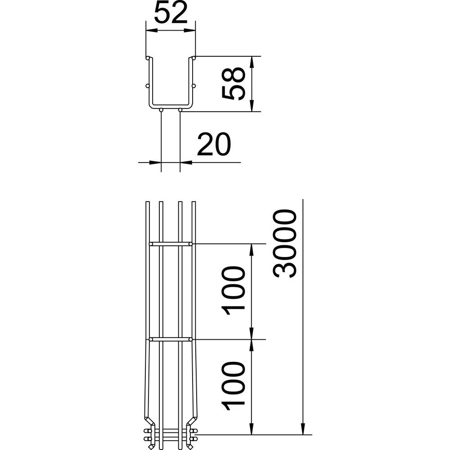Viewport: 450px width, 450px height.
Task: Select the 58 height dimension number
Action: pyautogui.click(x=234, y=83)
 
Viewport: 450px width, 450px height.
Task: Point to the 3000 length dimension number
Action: pyautogui.click(x=286, y=243)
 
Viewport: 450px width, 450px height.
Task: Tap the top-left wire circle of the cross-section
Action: pyautogui.click(x=148, y=58)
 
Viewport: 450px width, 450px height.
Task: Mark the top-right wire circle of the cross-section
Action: pyautogui.click(x=194, y=58)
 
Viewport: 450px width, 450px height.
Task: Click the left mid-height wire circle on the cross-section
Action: pyautogui.click(x=147, y=85)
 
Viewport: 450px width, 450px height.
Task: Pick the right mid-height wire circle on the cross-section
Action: pyautogui.click(x=194, y=85)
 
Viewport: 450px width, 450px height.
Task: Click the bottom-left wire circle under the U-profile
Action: pyautogui.click(x=161, y=109)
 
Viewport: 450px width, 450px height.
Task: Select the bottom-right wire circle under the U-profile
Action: pyautogui.click(x=180, y=109)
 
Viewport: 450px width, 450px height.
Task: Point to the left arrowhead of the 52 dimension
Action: pyautogui.click(x=149, y=31)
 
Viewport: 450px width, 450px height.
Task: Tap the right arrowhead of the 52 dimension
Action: pyautogui.click(x=193, y=31)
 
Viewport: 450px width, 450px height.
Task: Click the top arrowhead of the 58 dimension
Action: pyautogui.click(x=252, y=60)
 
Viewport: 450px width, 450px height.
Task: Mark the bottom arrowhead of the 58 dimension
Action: pyautogui.click(x=252, y=108)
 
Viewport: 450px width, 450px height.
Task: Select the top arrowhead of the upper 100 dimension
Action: pyautogui.click(x=252, y=247)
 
